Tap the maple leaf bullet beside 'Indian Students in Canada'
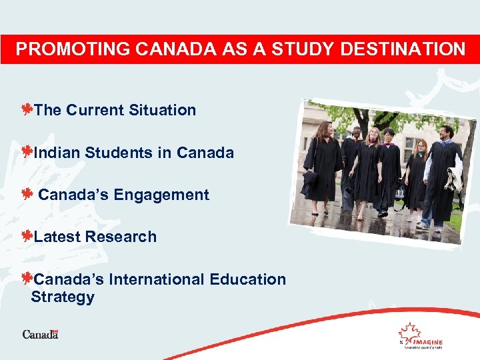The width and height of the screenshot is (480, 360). point(27,152)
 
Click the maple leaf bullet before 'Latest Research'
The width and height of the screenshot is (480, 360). point(27,236)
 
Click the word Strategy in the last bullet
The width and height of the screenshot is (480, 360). point(63,297)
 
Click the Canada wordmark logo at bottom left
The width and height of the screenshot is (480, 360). point(40,334)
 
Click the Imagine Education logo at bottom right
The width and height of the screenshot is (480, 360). point(420,335)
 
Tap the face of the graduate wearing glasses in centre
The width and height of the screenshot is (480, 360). point(389,137)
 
